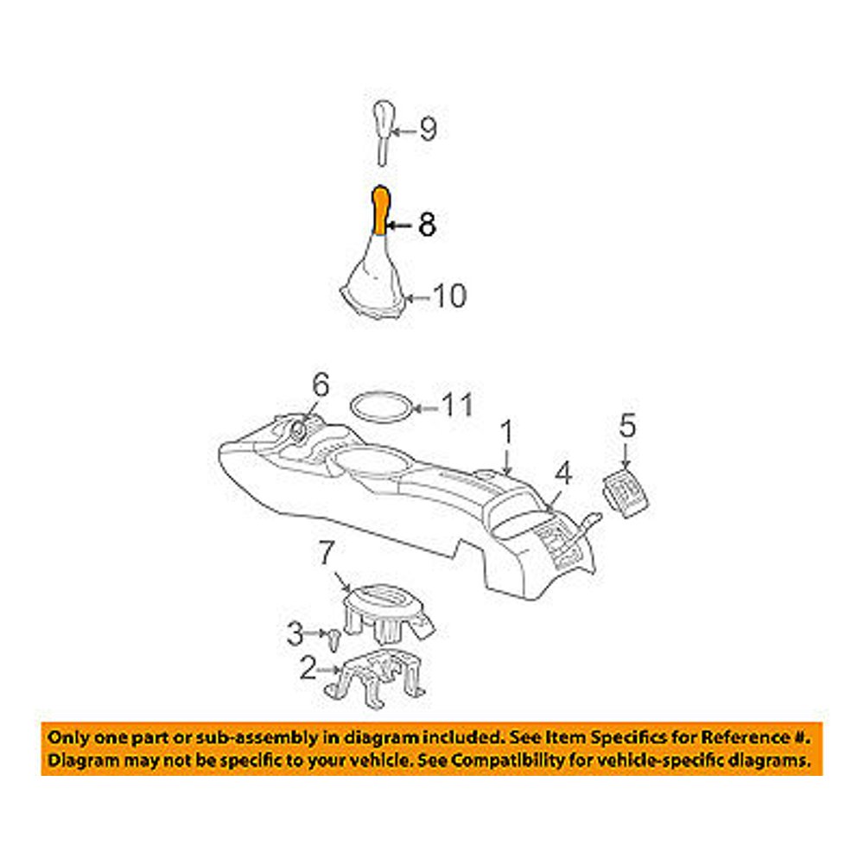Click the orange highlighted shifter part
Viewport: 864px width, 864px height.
[x=379, y=211]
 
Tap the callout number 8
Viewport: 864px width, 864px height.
[x=427, y=225]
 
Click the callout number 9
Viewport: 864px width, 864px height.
[x=429, y=130]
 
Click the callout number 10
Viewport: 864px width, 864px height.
[x=450, y=295]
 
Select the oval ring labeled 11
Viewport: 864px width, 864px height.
[x=381, y=408]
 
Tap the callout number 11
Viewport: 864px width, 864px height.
[x=458, y=405]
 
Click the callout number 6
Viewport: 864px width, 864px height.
[x=321, y=384]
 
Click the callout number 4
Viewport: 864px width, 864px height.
[x=563, y=473]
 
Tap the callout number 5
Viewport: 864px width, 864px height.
[x=627, y=425]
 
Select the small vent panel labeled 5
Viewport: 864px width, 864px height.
[x=626, y=494]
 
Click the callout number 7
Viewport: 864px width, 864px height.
[x=327, y=553]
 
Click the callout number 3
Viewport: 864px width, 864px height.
[x=295, y=633]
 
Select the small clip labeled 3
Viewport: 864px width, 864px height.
[x=333, y=639]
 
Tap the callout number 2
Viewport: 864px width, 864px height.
[x=308, y=669]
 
